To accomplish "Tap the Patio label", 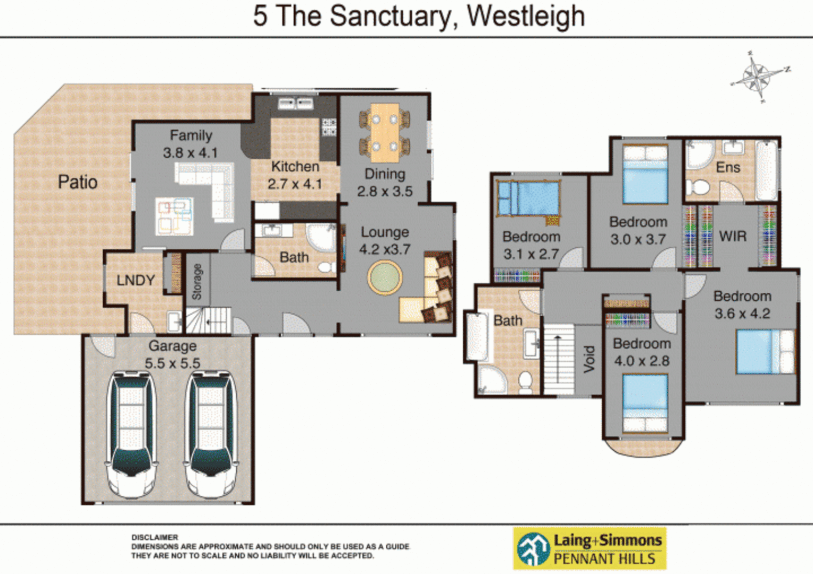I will tap(78, 182).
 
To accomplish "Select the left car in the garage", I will tap(131, 433).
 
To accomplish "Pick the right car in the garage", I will tap(211, 433).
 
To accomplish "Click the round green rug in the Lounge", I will tap(385, 277).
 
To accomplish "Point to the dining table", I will tap(385, 133).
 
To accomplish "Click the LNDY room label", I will tap(136, 280).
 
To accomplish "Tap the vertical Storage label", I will tap(197, 282).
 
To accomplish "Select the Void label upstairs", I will tap(589, 359).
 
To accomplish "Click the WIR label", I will tap(733, 237).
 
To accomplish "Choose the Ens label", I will tap(728, 167).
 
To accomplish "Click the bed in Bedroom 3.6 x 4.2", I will tap(765, 351).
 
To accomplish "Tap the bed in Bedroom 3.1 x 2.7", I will tap(528, 198).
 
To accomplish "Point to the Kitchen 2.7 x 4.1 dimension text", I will tap(295, 184).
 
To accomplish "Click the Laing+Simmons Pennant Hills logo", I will tap(590, 548).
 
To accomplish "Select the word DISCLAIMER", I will tap(155, 537).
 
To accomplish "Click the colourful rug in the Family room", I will tap(174, 216).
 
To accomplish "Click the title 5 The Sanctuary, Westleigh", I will tap(419, 16).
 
